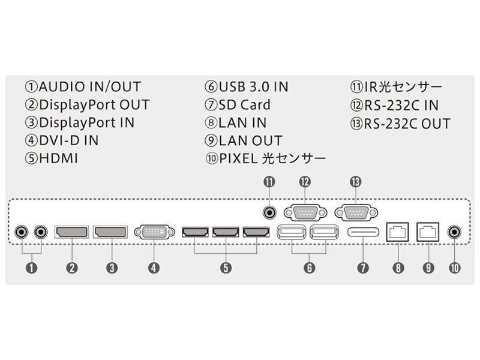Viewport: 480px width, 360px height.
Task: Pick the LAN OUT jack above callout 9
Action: tap(428, 231)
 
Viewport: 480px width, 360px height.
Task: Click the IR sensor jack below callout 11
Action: tap(270, 212)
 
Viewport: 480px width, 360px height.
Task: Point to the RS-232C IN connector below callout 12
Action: tap(305, 212)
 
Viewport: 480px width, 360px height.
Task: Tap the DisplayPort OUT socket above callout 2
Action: tap(72, 231)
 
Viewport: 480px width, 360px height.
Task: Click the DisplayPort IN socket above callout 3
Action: tap(111, 231)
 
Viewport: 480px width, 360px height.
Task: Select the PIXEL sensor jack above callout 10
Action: tap(455, 231)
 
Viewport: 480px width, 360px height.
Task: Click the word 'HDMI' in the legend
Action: tap(58, 158)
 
